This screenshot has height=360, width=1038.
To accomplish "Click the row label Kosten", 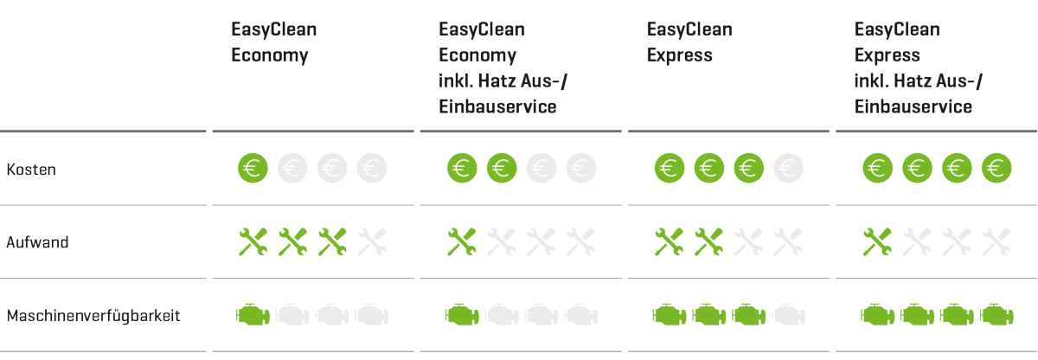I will [x=30, y=170].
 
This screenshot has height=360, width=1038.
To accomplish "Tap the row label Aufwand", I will [x=37, y=242].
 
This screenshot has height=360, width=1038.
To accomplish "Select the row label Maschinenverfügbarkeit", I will [x=93, y=316].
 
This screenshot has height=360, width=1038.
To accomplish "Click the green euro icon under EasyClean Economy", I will [x=253, y=168].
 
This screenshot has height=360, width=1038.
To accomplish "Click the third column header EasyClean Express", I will [x=689, y=42].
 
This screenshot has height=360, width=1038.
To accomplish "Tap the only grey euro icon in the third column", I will [x=787, y=168].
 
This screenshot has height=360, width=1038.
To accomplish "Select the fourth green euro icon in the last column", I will [x=996, y=168].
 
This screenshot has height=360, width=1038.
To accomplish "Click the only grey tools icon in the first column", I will [x=373, y=242].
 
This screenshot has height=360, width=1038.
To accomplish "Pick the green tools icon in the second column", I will [x=462, y=242].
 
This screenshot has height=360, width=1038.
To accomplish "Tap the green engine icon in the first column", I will [x=253, y=314].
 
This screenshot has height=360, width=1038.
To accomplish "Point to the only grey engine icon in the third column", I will [x=787, y=314].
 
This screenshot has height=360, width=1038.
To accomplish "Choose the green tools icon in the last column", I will [x=877, y=242].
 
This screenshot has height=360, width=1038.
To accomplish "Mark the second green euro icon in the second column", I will [x=502, y=168].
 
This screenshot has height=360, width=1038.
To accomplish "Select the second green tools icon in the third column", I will [x=709, y=242].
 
